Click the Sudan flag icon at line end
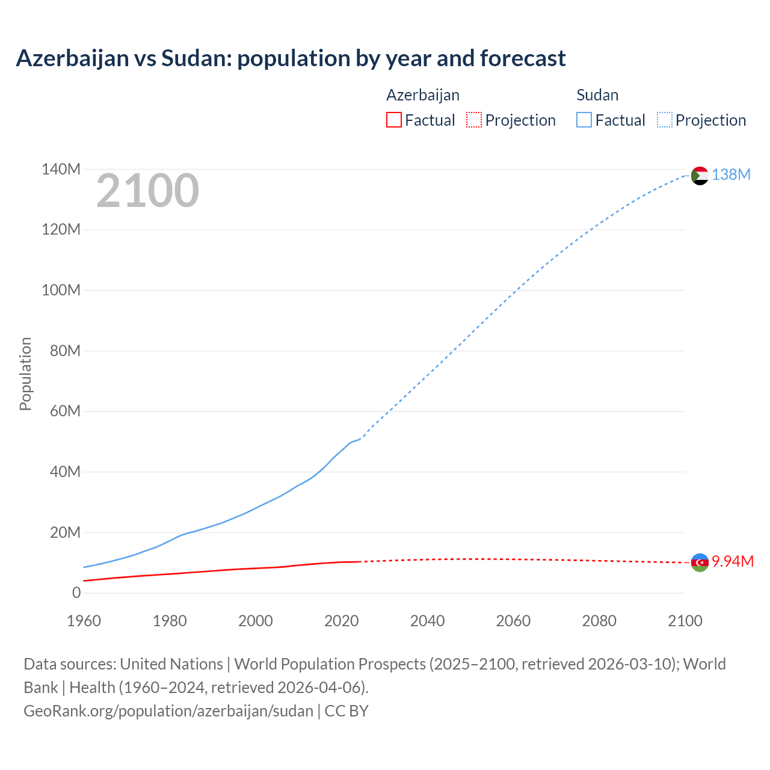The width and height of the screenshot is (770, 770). tap(700, 176)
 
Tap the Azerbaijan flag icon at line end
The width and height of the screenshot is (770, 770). tap(700, 562)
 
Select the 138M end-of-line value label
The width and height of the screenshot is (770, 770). tap(731, 174)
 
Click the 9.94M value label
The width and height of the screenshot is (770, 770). tap(733, 561)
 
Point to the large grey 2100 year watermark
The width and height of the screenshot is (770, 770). tap(147, 191)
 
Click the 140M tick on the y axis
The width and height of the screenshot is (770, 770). tap(61, 170)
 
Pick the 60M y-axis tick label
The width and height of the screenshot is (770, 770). tap(65, 411)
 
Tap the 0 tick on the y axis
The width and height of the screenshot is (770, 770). tap(76, 593)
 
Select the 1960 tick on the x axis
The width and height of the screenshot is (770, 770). tap(84, 621)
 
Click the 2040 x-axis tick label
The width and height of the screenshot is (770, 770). tap(427, 621)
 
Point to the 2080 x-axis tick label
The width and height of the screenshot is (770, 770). tap(599, 621)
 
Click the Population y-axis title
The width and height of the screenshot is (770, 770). tap(25, 374)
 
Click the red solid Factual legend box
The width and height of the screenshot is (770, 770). tap(393, 120)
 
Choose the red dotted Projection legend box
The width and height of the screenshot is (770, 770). tap(474, 120)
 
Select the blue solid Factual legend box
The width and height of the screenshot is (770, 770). tap(584, 120)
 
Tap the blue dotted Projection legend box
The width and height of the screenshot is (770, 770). tap(665, 120)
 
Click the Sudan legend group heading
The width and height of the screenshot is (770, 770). tap(597, 95)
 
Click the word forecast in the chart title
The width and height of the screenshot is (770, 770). tap(522, 58)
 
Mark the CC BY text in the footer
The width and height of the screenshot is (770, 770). tap(346, 711)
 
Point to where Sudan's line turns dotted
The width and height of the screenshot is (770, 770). tap(360, 439)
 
